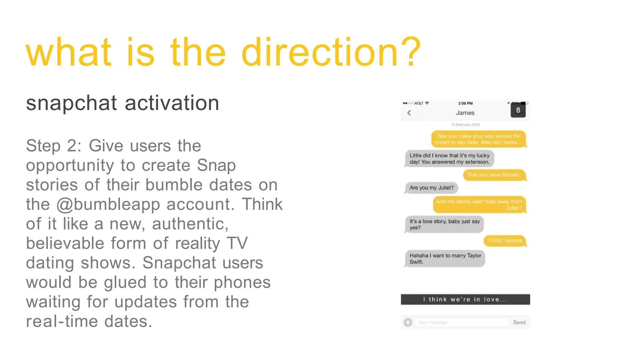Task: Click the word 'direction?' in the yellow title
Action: click(x=331, y=52)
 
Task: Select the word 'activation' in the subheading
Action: click(x=172, y=103)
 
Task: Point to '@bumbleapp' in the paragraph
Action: click(x=108, y=205)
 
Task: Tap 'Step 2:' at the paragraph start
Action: click(x=54, y=146)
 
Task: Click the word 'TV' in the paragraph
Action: click(x=237, y=243)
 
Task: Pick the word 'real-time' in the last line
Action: click(x=62, y=322)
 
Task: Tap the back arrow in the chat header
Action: click(x=409, y=113)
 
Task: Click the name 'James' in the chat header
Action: click(x=465, y=113)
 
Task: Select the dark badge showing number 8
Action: click(x=518, y=110)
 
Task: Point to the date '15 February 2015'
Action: click(x=465, y=125)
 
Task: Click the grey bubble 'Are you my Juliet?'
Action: click(x=431, y=188)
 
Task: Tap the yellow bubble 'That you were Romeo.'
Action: click(x=493, y=175)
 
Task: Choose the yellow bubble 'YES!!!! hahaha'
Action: click(x=504, y=241)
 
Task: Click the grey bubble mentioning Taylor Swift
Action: click(x=445, y=259)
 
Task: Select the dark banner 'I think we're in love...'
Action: click(x=465, y=299)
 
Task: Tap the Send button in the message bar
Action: click(x=519, y=322)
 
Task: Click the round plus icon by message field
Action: click(x=408, y=322)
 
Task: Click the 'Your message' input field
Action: click(x=462, y=322)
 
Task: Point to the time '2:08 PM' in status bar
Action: click(x=465, y=103)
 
